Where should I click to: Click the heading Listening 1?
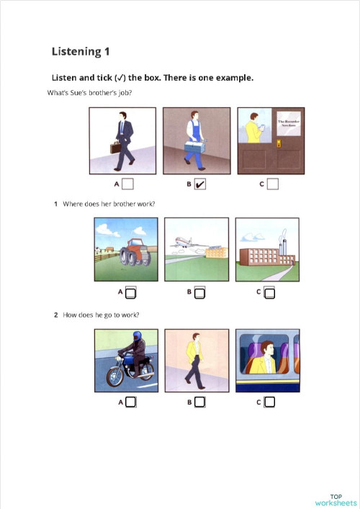81,51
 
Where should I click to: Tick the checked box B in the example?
200,184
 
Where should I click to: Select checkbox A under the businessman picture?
127,184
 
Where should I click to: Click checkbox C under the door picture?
272,184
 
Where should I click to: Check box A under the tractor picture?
131,293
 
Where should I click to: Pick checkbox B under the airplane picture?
200,293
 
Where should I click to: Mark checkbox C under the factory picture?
269,293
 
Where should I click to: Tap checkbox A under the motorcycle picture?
131,402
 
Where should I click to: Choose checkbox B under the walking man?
199,402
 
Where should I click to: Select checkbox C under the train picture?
269,402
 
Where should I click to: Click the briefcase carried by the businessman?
114,148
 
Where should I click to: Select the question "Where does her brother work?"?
109,204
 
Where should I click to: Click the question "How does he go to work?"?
101,315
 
